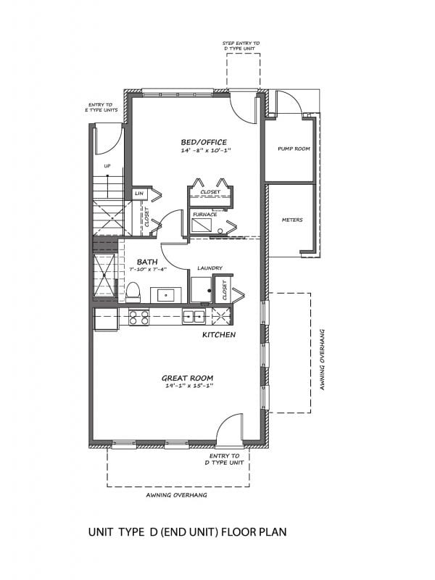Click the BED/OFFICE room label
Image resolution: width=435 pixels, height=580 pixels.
tap(204, 142)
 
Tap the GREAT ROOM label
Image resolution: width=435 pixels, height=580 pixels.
tap(188, 378)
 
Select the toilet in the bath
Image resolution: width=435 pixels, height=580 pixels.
tap(133, 292)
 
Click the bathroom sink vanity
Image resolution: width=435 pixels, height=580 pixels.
tap(166, 295)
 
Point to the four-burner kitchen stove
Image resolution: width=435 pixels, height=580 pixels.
tap(138, 318)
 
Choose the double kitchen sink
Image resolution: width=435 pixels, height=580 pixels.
tap(194, 317)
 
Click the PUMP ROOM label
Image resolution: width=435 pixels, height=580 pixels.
tap(294, 149)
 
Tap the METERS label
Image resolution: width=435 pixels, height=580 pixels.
tap(292, 220)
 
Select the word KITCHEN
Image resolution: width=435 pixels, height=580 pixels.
tap(219, 335)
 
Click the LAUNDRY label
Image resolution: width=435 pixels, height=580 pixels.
tap(210, 268)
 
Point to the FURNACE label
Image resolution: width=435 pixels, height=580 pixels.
tap(205, 214)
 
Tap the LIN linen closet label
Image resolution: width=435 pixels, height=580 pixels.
tap(139, 194)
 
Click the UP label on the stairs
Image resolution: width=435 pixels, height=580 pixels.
tap(107, 166)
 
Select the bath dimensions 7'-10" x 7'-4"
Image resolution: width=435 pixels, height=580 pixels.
tap(148, 269)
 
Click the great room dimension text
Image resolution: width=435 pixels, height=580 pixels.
tap(190, 386)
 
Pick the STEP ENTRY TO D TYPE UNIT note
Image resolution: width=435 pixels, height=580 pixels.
tap(241, 46)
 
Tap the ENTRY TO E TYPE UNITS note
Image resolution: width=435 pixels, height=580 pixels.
tap(101, 107)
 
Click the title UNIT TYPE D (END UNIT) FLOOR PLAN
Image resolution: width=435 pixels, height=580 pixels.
tap(188, 532)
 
